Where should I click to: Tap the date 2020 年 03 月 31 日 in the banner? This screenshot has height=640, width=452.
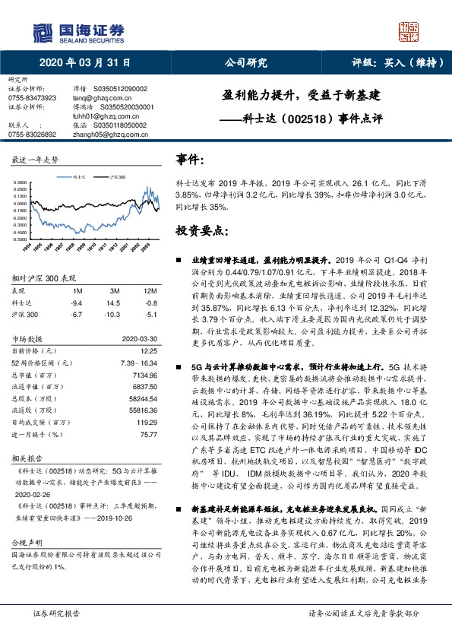point(84,64)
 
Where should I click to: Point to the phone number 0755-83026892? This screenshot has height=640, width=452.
point(31,134)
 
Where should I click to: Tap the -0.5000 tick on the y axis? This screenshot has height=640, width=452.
point(21,239)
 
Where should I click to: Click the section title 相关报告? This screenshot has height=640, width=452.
point(22,459)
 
